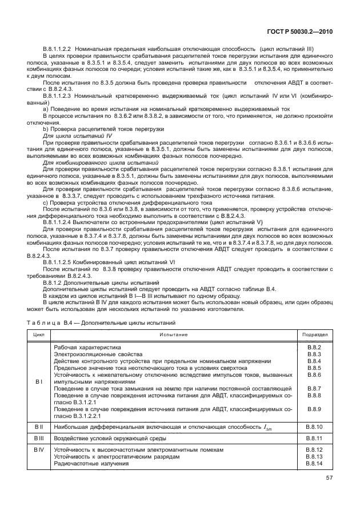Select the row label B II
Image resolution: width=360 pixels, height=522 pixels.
[x=38, y=427]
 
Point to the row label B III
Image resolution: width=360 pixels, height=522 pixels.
[x=38, y=438]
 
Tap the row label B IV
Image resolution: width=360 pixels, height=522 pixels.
[x=38, y=450]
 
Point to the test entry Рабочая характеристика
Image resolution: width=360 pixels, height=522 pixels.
[x=87, y=348]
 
